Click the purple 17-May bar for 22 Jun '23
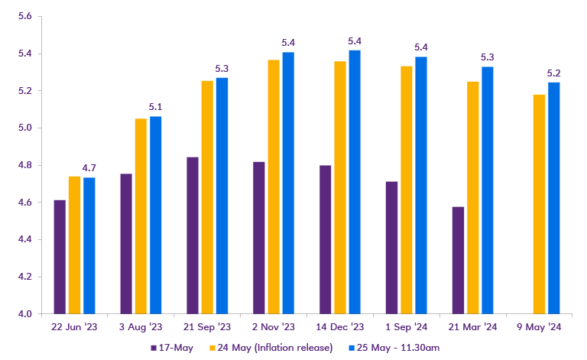60,256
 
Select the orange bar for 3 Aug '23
141,216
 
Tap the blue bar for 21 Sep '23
222,195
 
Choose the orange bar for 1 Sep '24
407,190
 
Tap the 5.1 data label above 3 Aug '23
156,107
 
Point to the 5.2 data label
554,73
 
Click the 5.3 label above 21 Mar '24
487,57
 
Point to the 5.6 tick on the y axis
24,17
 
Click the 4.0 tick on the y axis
24,313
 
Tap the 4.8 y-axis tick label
24,165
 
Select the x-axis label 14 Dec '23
340,327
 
